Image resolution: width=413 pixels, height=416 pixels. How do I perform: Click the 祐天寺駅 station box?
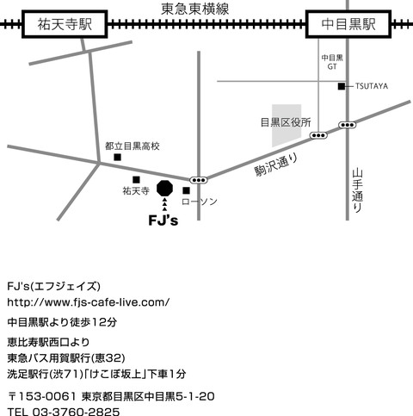pyautogui.click(x=65, y=24)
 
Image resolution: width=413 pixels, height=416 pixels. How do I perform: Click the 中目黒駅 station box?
pyautogui.click(x=348, y=24)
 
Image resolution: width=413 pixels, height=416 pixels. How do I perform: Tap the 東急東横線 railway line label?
pyautogui.click(x=195, y=9)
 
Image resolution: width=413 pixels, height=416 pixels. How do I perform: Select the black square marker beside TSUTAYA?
pyautogui.click(x=342, y=86)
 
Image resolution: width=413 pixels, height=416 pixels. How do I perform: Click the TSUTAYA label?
pyautogui.click(x=372, y=86)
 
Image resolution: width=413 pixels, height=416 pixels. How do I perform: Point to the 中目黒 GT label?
pyautogui.click(x=332, y=62)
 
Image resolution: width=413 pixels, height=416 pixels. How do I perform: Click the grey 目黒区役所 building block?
pyautogui.click(x=287, y=126)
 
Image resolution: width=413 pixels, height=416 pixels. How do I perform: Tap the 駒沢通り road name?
pyautogui.click(x=276, y=165)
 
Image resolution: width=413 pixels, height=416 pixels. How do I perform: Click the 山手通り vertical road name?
pyautogui.click(x=357, y=190)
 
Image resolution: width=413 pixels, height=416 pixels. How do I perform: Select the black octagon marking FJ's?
pyautogui.click(x=165, y=189)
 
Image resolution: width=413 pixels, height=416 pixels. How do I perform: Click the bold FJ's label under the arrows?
pyautogui.click(x=163, y=220)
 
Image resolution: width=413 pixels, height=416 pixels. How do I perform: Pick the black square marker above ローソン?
pyautogui.click(x=187, y=190)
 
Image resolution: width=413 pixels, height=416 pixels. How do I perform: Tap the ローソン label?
pyautogui.click(x=200, y=202)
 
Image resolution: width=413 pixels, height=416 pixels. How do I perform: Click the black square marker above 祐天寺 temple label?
pyautogui.click(x=136, y=180)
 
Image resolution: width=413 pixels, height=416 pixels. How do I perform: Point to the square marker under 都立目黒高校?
pyautogui.click(x=117, y=157)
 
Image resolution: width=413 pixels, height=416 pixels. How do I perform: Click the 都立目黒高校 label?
pyautogui.click(x=133, y=146)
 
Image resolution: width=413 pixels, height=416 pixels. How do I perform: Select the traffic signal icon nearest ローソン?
pyautogui.click(x=199, y=180)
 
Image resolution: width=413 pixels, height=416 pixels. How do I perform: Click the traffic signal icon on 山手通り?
pyautogui.click(x=348, y=125)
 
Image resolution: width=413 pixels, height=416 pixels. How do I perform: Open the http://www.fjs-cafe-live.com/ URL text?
pyautogui.click(x=89, y=302)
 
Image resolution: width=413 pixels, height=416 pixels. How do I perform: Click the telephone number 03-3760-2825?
pyautogui.click(x=76, y=412)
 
